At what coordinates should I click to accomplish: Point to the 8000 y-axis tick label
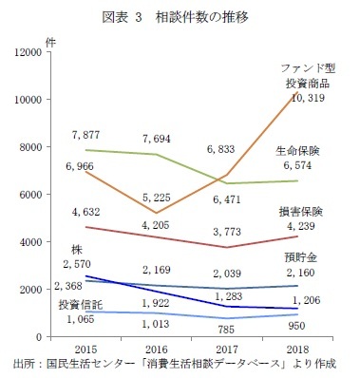pyautogui.click(x=28, y=147)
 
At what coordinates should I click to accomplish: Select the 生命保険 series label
pyautogui.click(x=297, y=151)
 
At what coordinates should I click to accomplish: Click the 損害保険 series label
pyautogui.click(x=299, y=211)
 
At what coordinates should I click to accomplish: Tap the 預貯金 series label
pyautogui.click(x=299, y=257)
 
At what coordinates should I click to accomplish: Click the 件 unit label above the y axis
pyautogui.click(x=49, y=40)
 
